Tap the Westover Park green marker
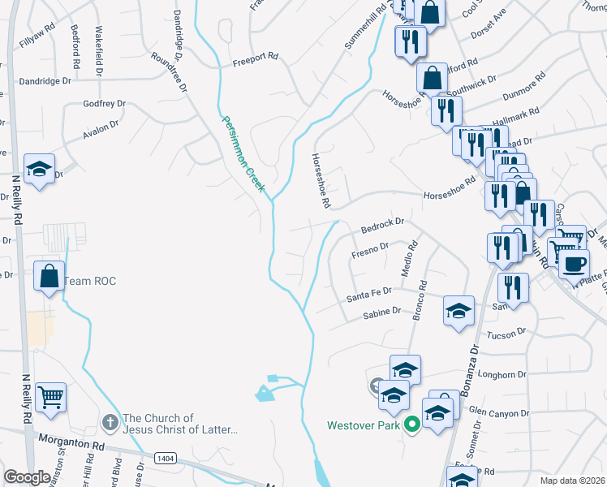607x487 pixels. point(411,424)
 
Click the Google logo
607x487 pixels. point(28,477)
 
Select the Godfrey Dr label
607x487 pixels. point(105,104)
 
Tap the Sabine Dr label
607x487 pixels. point(381,312)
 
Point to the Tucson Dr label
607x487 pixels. point(509,332)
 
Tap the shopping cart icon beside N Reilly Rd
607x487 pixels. point(50,397)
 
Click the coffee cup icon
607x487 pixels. point(575,264)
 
